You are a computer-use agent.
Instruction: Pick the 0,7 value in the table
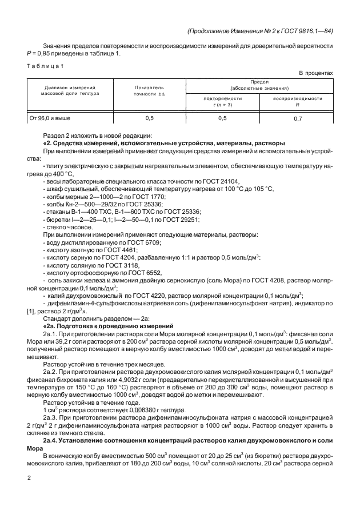[298, 118]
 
